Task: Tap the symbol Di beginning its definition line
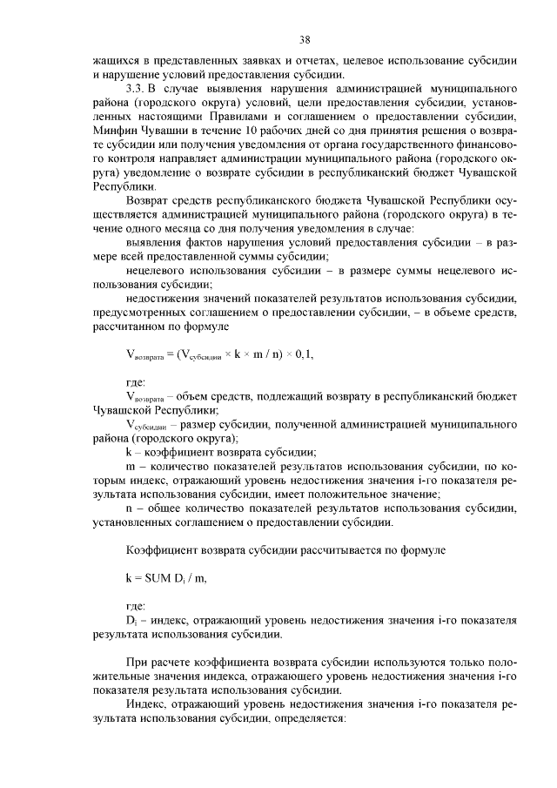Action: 132,620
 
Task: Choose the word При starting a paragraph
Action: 139,662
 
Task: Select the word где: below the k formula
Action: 137,605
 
